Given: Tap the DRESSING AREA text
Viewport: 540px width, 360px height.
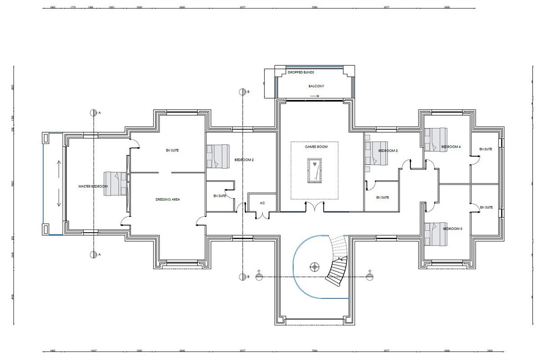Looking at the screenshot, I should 167,199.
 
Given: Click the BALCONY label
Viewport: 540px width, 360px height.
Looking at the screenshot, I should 316,86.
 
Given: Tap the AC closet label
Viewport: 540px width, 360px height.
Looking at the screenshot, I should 262,203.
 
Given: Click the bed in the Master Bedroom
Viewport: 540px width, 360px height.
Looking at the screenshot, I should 115,184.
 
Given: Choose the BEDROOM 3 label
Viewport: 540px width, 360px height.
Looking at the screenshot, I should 387,151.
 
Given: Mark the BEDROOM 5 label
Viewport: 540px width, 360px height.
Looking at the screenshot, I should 452,229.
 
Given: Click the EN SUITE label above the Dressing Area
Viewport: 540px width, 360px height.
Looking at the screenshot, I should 172,150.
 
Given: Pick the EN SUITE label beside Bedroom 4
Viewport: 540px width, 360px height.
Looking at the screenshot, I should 486,149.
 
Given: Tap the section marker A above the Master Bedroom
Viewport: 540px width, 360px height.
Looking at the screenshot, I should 94,112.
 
